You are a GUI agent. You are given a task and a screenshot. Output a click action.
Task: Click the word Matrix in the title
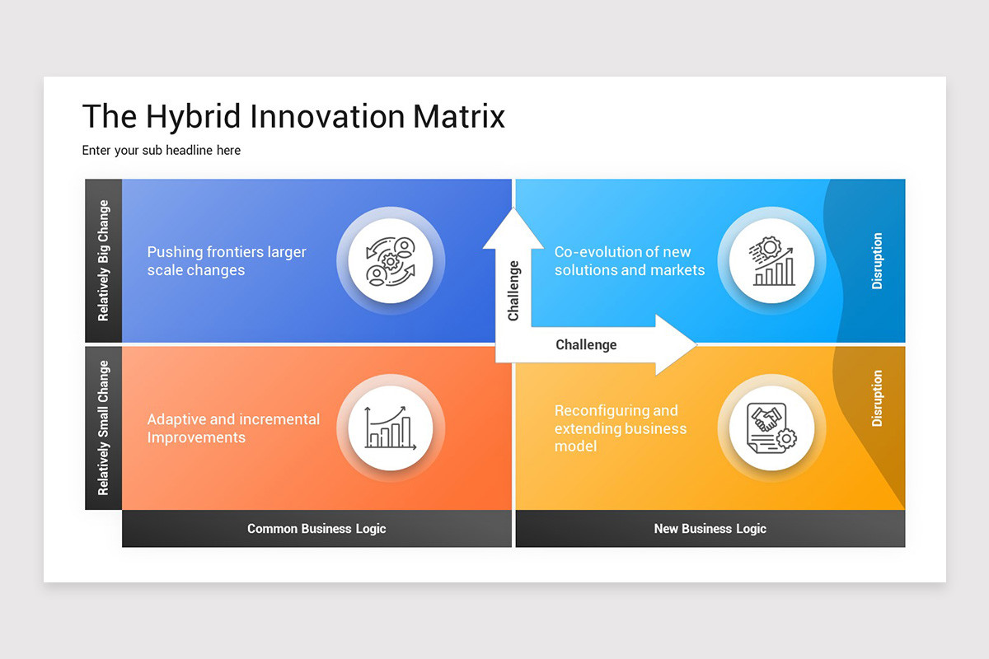458,116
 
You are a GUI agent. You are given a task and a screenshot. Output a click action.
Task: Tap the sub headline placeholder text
161,151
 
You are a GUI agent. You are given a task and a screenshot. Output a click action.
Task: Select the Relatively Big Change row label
103,260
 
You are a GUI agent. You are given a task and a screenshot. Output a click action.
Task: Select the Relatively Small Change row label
103,428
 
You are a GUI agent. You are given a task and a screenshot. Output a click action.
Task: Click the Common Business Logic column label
316,529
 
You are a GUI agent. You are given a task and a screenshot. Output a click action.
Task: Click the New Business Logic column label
710,529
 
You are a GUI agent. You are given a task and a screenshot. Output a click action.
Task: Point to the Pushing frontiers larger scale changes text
227,261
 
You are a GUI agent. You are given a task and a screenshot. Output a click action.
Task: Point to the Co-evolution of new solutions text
629,261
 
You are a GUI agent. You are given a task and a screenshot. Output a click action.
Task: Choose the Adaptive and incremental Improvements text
233,428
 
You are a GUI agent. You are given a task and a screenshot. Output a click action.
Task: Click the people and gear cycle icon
391,260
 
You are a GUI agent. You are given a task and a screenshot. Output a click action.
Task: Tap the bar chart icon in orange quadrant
391,428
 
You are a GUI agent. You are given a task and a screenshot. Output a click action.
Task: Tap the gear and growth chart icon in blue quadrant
766,260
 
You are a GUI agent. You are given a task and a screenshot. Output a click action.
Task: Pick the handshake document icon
766,428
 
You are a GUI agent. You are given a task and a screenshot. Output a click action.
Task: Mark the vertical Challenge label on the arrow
513,291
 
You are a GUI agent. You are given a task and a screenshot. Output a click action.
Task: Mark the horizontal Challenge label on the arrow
586,344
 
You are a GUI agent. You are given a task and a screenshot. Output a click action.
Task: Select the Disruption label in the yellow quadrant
877,398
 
